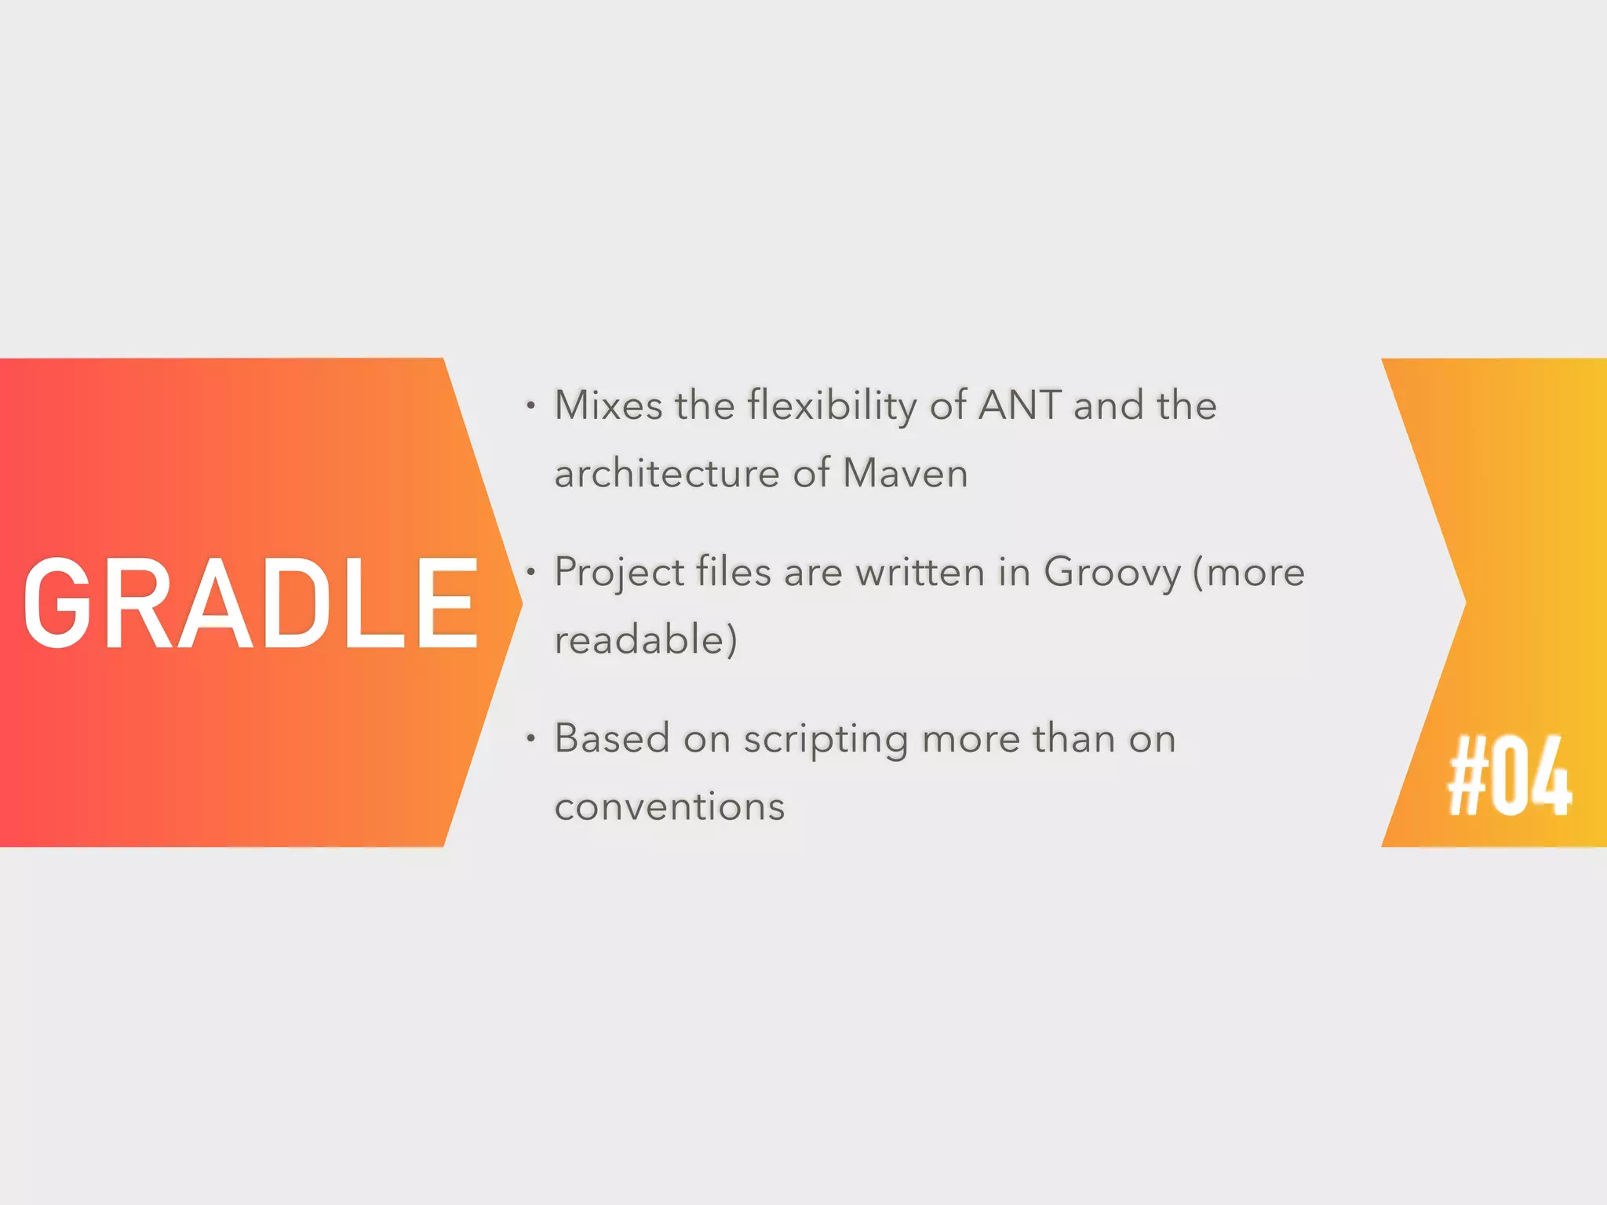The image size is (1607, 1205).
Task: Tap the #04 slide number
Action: click(x=1509, y=777)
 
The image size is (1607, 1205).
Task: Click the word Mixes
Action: click(x=608, y=406)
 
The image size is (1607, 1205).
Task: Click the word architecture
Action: click(x=667, y=474)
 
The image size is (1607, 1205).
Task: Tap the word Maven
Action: click(x=905, y=474)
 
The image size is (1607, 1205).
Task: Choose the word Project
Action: click(x=619, y=573)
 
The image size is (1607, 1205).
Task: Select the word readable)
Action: click(x=646, y=639)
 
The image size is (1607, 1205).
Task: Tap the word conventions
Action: click(x=669, y=806)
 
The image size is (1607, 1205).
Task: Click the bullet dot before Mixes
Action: click(x=531, y=406)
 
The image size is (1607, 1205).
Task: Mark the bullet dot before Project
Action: click(x=531, y=573)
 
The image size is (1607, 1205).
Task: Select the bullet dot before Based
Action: click(x=531, y=739)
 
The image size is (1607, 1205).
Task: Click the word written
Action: click(x=920, y=572)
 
